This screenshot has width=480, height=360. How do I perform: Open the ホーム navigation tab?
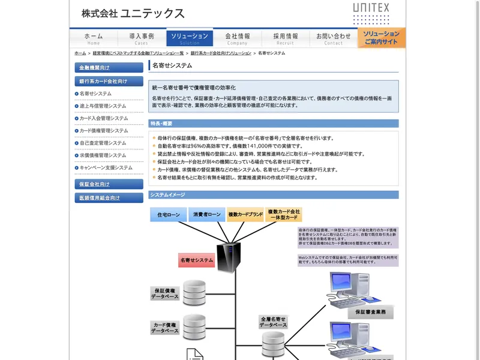(x=94, y=38)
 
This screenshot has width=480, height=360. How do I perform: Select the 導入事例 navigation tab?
(x=142, y=38)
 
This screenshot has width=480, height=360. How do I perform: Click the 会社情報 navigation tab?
(x=238, y=38)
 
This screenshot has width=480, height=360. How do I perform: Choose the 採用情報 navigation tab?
(x=286, y=38)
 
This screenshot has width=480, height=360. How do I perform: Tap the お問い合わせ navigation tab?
(x=334, y=38)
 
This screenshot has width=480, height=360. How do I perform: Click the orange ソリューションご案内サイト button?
(x=382, y=38)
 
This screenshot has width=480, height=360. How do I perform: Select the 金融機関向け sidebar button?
(x=109, y=68)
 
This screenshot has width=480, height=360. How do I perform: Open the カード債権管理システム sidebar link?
(x=104, y=131)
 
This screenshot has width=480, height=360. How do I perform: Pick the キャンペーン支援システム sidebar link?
(x=106, y=167)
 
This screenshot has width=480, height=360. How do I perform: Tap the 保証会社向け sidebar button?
(x=109, y=184)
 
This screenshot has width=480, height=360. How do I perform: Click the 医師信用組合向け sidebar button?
(x=109, y=197)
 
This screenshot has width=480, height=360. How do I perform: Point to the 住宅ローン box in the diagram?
(x=168, y=214)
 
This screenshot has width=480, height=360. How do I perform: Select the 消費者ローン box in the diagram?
(x=206, y=214)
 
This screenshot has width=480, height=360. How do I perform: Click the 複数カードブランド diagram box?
(x=245, y=214)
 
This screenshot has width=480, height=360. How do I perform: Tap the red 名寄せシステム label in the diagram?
(x=197, y=260)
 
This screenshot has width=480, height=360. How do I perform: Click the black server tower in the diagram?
(x=228, y=256)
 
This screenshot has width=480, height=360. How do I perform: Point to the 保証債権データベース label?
(x=164, y=293)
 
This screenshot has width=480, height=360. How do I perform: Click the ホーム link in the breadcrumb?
(x=80, y=53)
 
